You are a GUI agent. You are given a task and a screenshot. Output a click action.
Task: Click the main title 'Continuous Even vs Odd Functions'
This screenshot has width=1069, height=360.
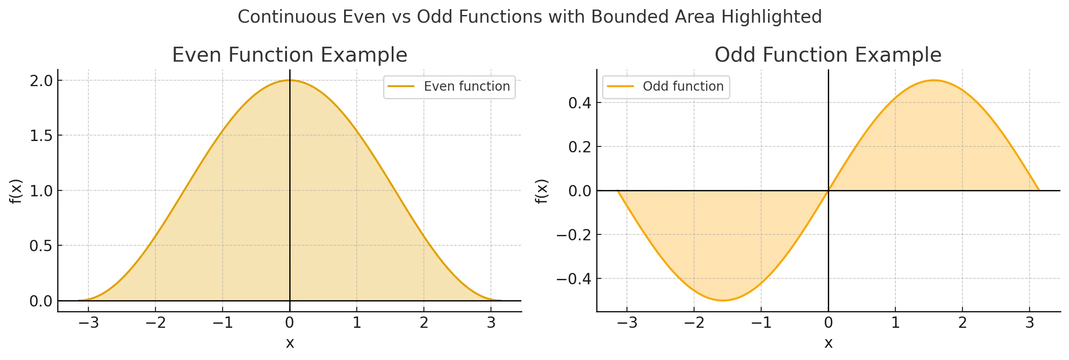pyautogui.click(x=530, y=17)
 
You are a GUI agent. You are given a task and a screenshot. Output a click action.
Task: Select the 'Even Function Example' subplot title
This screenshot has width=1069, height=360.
pyautogui.click(x=290, y=55)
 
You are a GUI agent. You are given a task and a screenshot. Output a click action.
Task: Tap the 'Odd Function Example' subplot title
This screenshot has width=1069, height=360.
pyautogui.click(x=828, y=55)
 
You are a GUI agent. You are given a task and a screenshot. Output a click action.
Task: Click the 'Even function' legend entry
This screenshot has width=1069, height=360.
pyautogui.click(x=466, y=86)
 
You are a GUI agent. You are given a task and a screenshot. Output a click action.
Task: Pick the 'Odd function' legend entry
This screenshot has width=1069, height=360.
pyautogui.click(x=683, y=86)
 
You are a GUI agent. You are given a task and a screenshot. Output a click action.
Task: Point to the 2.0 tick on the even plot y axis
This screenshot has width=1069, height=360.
pyautogui.click(x=41, y=81)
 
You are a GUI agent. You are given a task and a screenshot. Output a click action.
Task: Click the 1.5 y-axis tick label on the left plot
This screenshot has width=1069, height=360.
pyautogui.click(x=41, y=136)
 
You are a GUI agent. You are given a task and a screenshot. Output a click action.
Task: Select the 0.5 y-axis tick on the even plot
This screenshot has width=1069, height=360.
pyautogui.click(x=41, y=246)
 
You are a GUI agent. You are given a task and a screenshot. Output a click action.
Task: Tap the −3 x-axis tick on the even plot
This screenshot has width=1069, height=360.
pyautogui.click(x=88, y=323)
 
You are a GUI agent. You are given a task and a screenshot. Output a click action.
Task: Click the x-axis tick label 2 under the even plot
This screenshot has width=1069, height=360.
pyautogui.click(x=424, y=323)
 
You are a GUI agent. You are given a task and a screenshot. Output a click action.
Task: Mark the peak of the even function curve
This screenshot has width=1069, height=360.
pyautogui.click(x=290, y=80)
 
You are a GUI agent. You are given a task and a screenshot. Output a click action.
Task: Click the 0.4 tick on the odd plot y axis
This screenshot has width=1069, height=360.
pyautogui.click(x=580, y=103)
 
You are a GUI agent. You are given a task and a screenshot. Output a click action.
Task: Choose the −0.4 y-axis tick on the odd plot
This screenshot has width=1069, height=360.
pyautogui.click(x=574, y=278)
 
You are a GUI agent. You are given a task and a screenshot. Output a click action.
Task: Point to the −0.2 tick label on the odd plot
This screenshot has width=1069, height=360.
pyautogui.click(x=574, y=235)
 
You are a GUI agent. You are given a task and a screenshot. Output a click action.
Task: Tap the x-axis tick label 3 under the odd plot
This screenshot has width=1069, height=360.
pyautogui.click(x=1030, y=323)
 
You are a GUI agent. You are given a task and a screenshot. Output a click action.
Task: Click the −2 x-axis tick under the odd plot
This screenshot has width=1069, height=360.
pyautogui.click(x=694, y=323)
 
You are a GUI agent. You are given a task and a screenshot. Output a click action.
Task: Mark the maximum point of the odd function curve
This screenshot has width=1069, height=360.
pyautogui.click(x=933, y=80)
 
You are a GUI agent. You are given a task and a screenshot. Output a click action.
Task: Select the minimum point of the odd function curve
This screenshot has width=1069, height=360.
pyautogui.click(x=723, y=301)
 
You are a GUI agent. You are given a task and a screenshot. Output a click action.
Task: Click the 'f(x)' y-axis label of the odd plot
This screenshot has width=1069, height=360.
pyautogui.click(x=542, y=191)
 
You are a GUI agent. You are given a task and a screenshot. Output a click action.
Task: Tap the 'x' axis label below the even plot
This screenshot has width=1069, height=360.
pyautogui.click(x=290, y=343)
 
